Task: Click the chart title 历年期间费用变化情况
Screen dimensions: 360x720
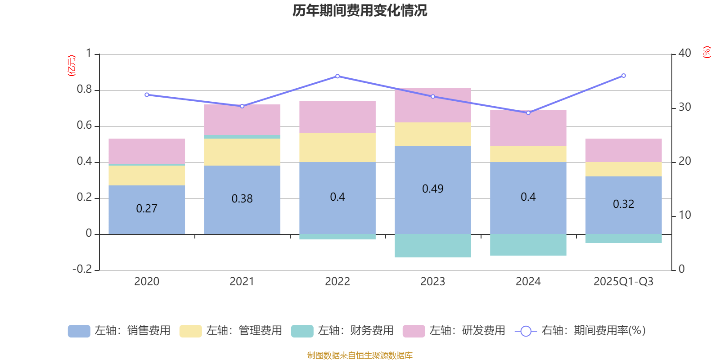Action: (360, 10)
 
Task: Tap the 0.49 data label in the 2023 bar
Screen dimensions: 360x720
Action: (432, 189)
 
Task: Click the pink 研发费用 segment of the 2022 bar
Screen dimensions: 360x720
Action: (337, 117)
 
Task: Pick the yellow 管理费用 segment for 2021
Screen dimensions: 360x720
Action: (242, 152)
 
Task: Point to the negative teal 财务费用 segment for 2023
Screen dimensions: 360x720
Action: (432, 246)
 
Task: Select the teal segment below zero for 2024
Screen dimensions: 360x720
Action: (528, 245)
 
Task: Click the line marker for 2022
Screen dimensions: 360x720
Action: (337, 76)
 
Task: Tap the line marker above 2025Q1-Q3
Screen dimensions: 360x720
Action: (624, 76)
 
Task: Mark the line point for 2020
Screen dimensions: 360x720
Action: (147, 95)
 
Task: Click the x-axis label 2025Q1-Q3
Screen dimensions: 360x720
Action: (623, 282)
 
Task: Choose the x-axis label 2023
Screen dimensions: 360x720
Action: (432, 282)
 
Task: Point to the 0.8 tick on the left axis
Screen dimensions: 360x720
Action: (84, 90)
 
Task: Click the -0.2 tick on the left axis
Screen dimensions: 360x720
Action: (82, 269)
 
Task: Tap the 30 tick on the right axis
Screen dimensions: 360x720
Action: (684, 108)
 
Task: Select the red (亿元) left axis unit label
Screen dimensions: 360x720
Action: (71, 66)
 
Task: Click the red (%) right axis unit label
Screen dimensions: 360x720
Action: (706, 52)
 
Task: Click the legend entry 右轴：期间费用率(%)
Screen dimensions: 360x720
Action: (580, 331)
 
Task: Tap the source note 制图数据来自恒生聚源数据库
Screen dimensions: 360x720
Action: (360, 355)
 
